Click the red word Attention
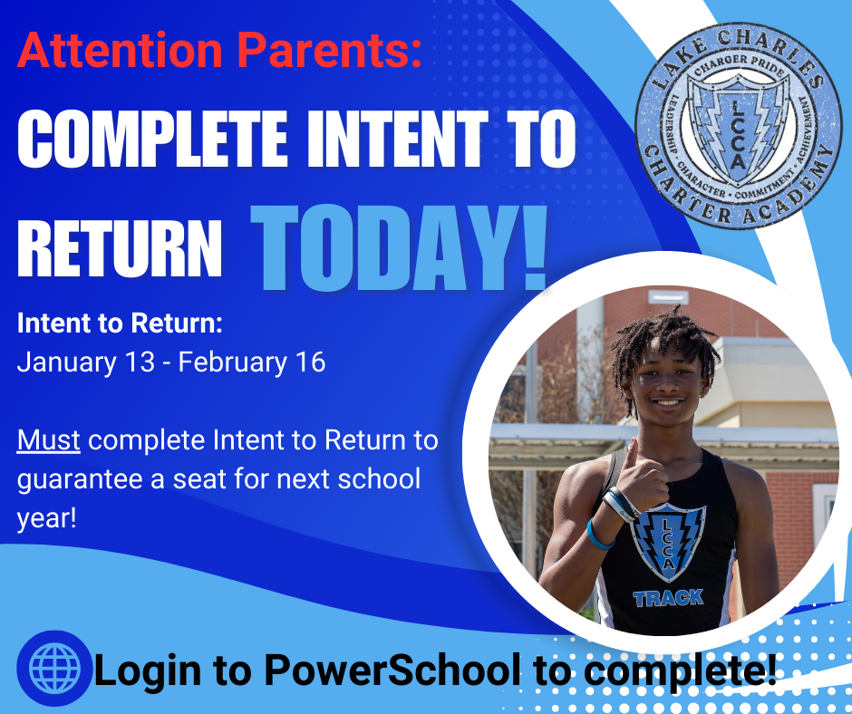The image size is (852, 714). click(x=120, y=50)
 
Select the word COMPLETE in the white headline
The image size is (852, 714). click(x=152, y=139)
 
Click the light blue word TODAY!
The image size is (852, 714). click(x=399, y=247)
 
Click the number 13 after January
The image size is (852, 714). click(x=140, y=362)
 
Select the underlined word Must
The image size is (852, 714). click(x=49, y=440)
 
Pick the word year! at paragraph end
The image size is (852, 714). click(x=47, y=518)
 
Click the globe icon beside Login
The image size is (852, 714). click(x=54, y=668)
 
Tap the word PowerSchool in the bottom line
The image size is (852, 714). click(x=392, y=669)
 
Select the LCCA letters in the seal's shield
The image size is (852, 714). click(x=737, y=134)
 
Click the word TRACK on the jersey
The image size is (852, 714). click(x=668, y=598)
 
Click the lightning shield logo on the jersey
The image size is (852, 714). click(x=668, y=542)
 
